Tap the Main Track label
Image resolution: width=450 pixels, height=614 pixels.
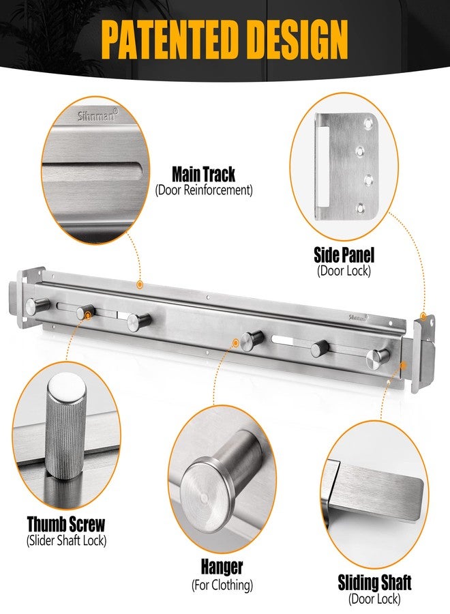point(203,174)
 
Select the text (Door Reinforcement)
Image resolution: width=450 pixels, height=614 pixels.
point(203,191)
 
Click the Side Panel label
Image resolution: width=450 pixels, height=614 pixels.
point(344,255)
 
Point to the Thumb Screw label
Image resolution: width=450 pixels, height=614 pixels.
point(66,524)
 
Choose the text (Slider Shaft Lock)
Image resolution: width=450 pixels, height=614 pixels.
point(66,541)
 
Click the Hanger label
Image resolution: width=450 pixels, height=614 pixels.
point(222,567)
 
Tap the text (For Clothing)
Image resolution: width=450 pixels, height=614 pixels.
point(222,585)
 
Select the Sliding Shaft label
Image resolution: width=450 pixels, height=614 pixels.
point(374,583)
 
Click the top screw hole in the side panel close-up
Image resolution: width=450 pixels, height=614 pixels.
point(367,123)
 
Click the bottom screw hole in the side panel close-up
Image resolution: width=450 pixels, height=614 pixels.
point(361,209)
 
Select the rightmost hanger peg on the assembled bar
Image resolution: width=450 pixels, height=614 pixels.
point(378,357)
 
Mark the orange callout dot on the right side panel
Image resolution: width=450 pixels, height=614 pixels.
point(423,316)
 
